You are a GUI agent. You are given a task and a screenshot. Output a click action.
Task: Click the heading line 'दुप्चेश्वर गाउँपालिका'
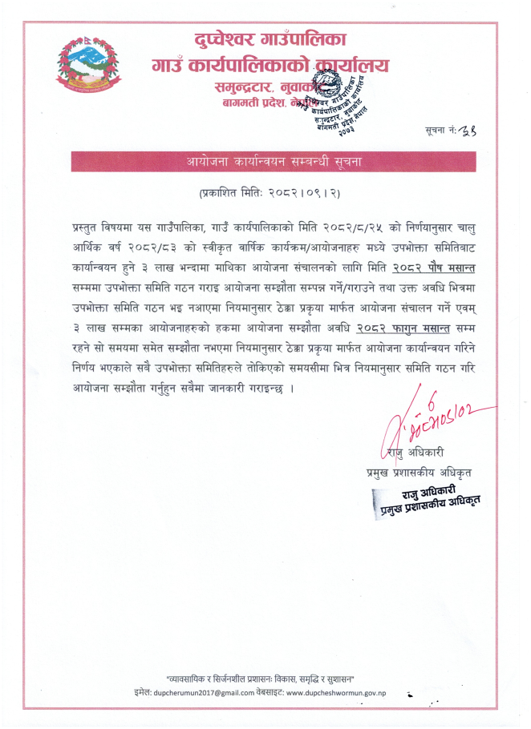270,40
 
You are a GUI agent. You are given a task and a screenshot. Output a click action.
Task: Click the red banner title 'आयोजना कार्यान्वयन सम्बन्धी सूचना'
273,161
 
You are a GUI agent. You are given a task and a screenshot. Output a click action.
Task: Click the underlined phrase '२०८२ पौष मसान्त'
438,264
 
